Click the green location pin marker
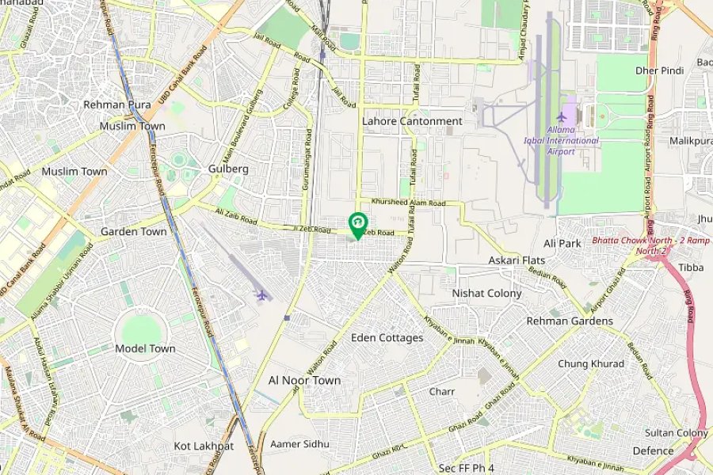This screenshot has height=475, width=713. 357,224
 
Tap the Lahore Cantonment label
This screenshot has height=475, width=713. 412,121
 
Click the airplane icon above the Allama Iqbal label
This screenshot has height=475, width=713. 562,118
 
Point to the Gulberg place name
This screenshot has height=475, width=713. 228,169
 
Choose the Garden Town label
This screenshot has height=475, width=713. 133,232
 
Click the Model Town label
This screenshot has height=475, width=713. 145,348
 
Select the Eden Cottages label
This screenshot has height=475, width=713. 387,338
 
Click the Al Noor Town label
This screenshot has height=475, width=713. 304,380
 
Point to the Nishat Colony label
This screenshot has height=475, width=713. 486,293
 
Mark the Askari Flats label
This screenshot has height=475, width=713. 516,260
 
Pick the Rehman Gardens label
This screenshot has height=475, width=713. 570,321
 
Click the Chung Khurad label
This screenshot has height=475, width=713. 590,363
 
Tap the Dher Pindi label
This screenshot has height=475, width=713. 659,70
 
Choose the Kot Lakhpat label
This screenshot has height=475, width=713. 204,446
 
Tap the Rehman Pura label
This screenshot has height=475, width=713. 116,104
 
